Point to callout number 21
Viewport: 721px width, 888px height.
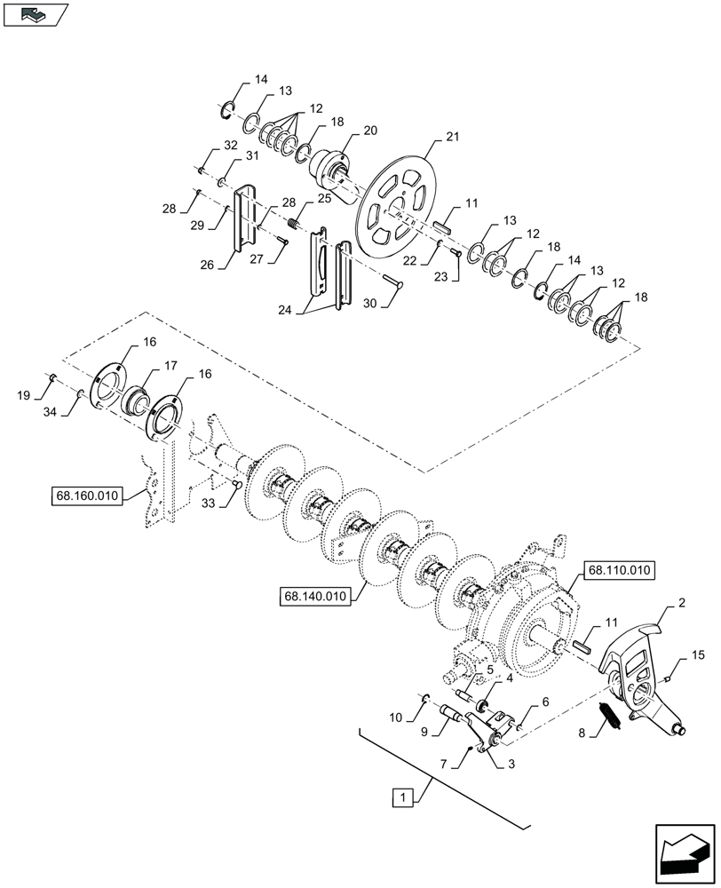click(x=453, y=136)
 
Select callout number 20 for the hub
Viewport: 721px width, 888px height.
click(x=370, y=130)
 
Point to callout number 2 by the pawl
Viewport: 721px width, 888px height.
click(x=681, y=602)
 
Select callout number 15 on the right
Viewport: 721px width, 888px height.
click(x=699, y=655)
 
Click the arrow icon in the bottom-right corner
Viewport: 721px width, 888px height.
click(x=684, y=853)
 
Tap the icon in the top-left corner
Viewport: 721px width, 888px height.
click(x=36, y=14)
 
